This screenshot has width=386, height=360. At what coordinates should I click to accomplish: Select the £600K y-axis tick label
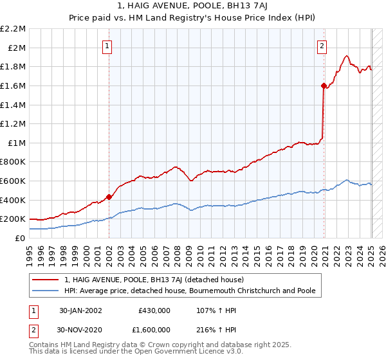click(14, 181)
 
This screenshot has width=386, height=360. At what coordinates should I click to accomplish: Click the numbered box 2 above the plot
click(321, 46)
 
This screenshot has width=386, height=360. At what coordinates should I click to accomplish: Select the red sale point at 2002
click(109, 197)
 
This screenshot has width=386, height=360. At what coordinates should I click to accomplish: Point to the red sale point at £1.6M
click(324, 85)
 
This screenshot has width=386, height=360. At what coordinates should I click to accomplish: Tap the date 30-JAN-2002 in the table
click(80, 310)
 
